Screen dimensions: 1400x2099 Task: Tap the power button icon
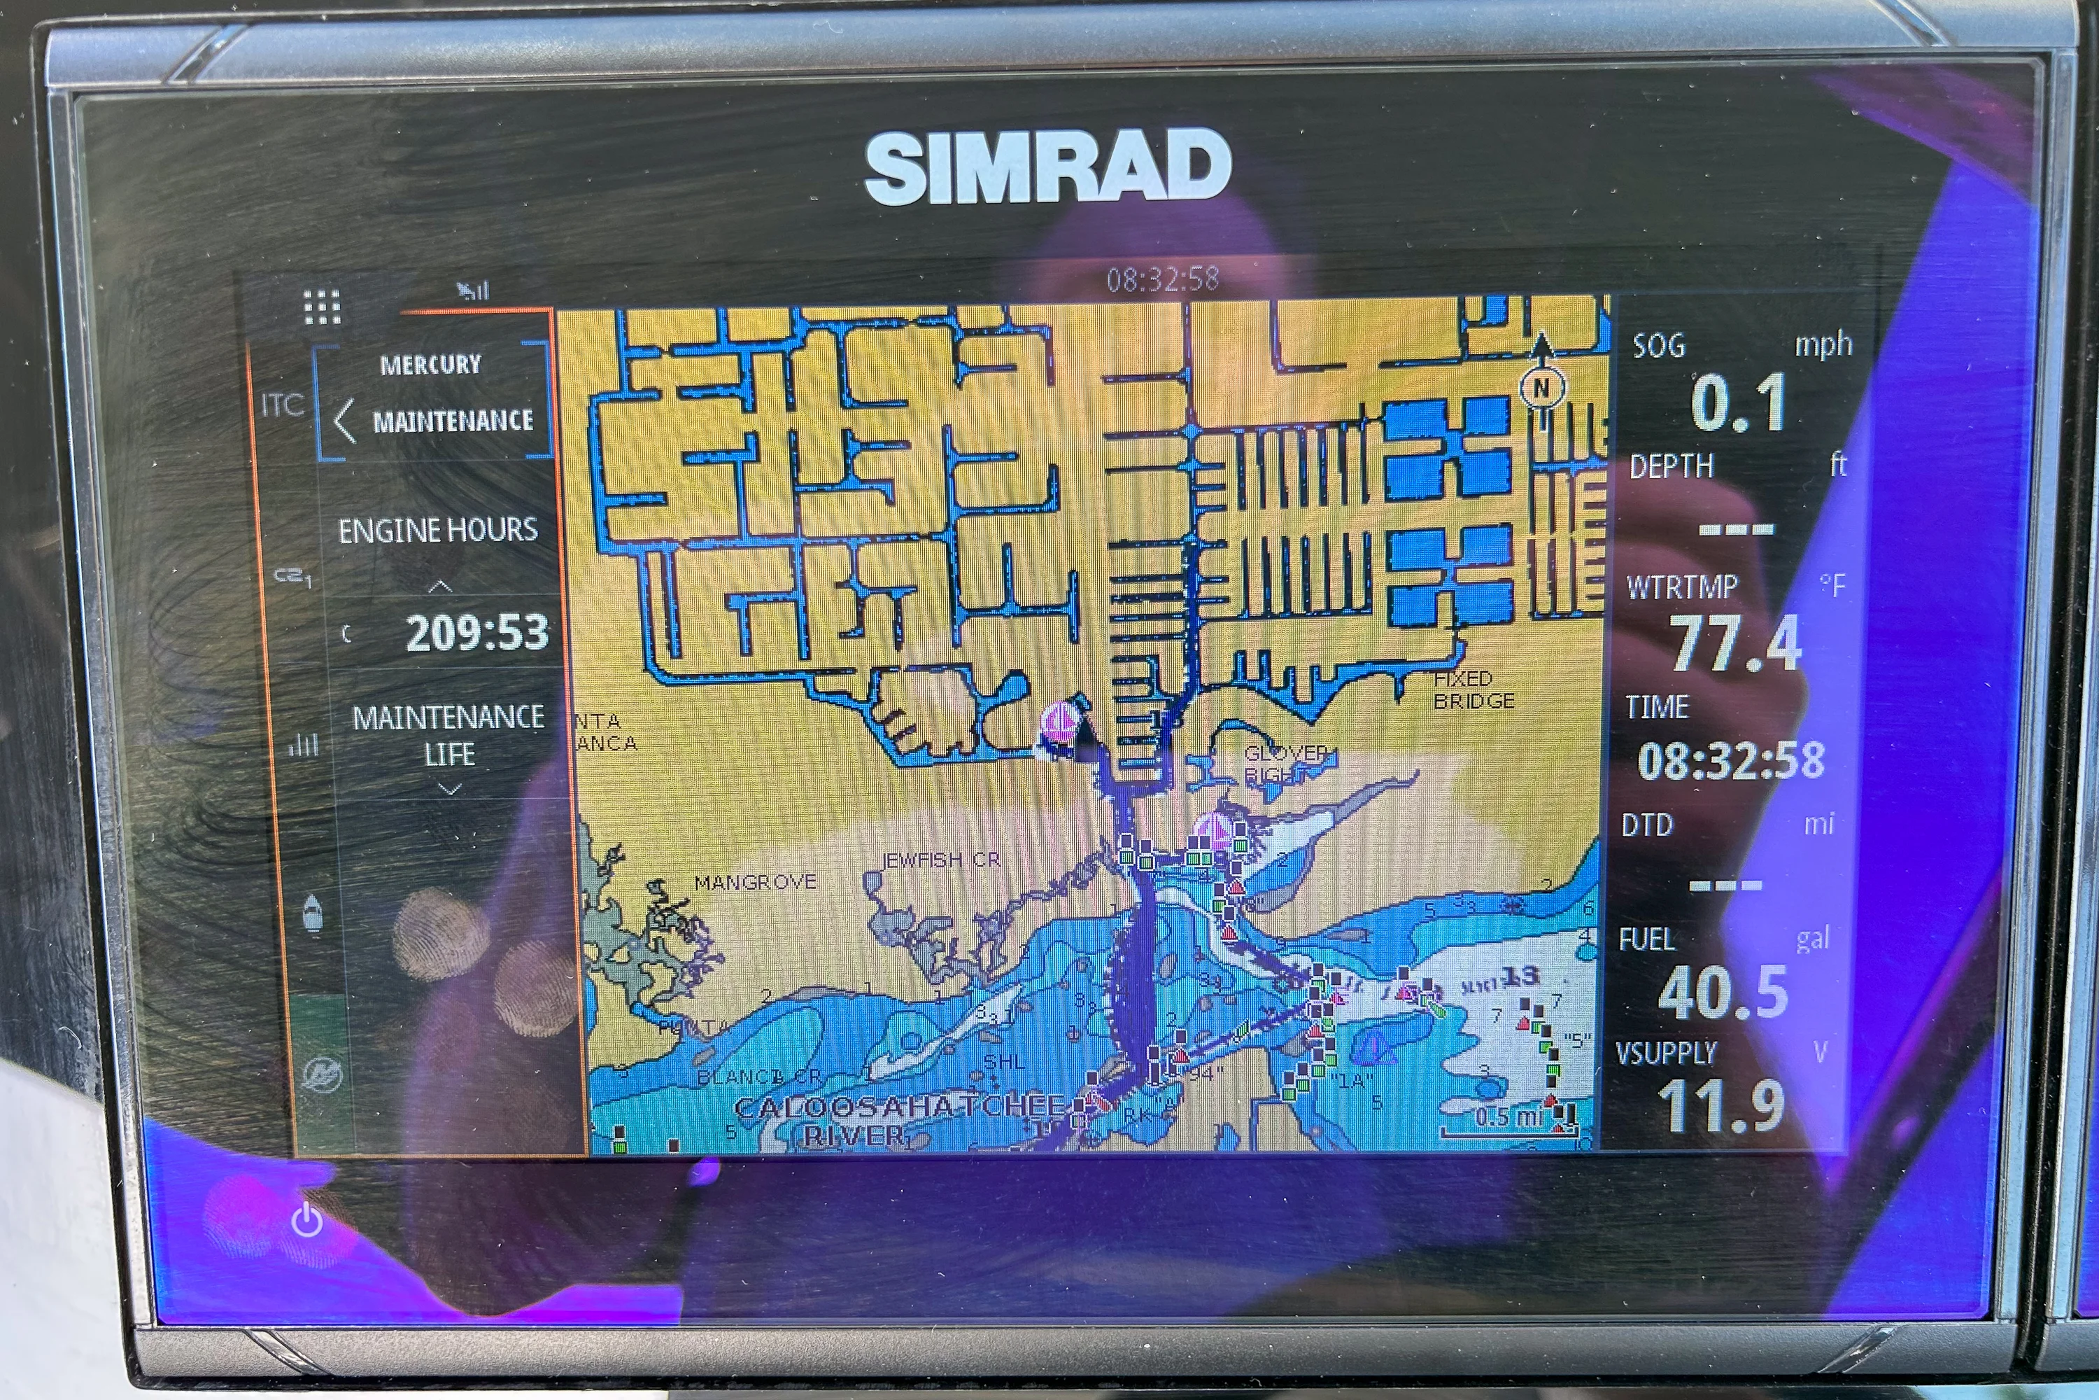[307, 1219]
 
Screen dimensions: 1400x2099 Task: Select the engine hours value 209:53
[476, 632]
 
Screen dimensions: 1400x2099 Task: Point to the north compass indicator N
[1541, 388]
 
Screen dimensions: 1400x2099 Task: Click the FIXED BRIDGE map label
[1473, 689]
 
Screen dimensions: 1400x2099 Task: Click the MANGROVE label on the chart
[755, 882]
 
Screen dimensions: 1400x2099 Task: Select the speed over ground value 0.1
[1737, 405]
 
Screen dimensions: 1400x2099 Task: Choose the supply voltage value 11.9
[1720, 1105]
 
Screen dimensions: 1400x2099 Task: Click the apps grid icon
[322, 307]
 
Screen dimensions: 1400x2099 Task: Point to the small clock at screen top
[1162, 279]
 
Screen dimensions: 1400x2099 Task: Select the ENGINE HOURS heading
[437, 531]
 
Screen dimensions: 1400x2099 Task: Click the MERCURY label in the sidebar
[430, 364]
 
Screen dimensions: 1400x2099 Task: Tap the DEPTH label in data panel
[1671, 466]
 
